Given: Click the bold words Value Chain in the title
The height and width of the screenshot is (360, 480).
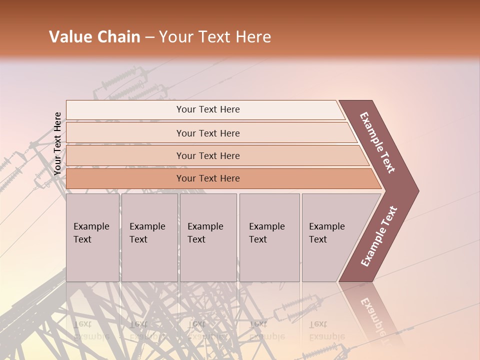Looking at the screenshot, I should tap(94, 37).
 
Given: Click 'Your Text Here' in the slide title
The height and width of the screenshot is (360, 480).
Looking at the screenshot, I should tap(215, 37).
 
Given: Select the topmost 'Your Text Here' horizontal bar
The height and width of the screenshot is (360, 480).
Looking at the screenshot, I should tap(207, 109).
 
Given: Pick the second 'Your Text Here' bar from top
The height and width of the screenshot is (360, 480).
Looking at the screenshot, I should tap(207, 133).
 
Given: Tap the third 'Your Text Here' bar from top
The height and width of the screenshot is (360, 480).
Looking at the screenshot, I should tap(207, 155).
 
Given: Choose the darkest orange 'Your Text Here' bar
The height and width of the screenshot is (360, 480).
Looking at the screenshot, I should tap(207, 178).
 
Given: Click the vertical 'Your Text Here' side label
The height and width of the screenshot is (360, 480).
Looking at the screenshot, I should tap(57, 143).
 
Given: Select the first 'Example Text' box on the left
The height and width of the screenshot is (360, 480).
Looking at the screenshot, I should tap(92, 237).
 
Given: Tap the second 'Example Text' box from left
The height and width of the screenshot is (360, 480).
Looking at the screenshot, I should tap(149, 237).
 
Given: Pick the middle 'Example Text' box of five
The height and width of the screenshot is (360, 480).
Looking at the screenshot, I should tap(208, 237).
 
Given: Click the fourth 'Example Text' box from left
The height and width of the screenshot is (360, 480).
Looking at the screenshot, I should tap(269, 237).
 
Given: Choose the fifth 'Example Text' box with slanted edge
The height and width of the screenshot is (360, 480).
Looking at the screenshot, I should tap(330, 237).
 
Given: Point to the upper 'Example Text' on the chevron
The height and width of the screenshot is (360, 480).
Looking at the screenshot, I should tap(377, 142).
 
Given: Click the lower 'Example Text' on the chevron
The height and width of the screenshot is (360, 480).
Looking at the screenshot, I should tap(379, 236).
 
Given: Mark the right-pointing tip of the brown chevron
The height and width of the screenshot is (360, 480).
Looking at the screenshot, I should tap(417, 191).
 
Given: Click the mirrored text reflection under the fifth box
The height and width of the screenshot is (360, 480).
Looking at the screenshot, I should tap(327, 330).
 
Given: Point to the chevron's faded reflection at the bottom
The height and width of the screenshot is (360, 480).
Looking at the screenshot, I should tap(375, 315).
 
